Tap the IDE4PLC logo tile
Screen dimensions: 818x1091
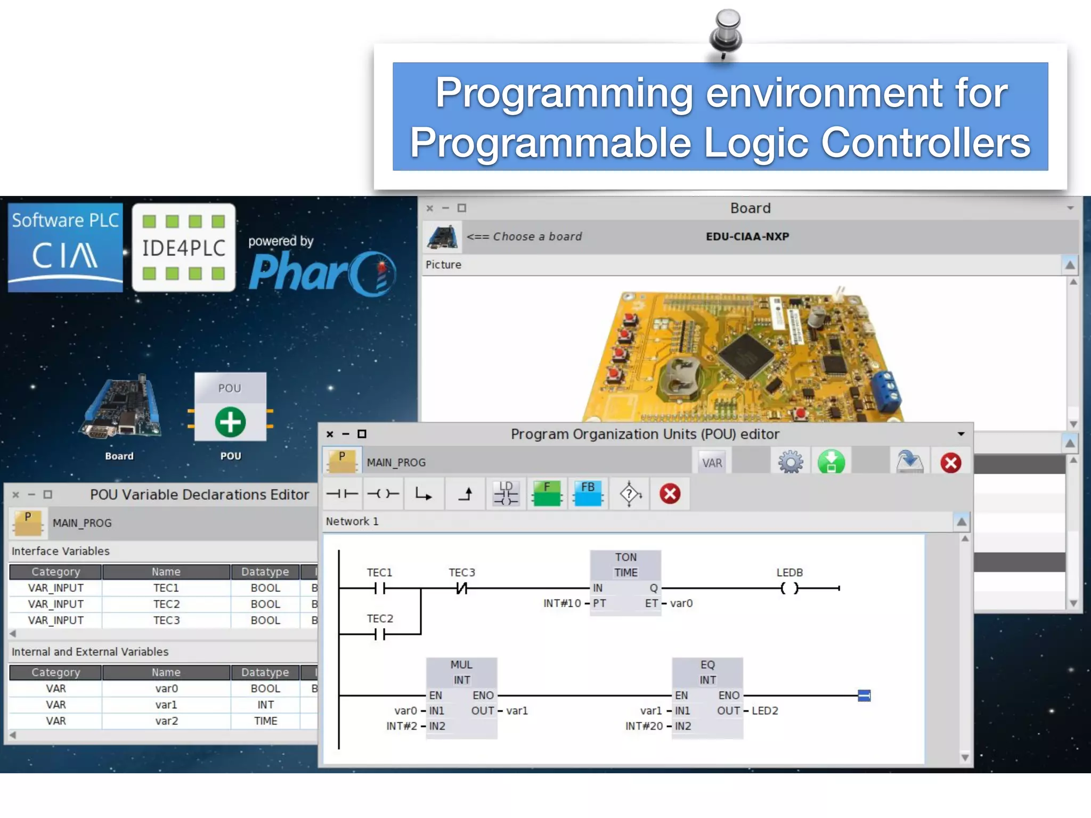point(184,248)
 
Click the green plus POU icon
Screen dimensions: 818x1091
point(230,422)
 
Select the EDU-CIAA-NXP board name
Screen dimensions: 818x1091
point(747,236)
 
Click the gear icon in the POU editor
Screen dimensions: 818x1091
point(790,462)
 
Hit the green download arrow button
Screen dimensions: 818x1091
point(831,462)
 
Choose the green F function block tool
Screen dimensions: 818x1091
point(547,494)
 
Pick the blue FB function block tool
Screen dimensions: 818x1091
point(588,494)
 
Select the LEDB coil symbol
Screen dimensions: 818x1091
point(789,588)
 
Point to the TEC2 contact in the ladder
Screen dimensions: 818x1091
point(379,634)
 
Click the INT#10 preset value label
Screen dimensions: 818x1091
point(561,603)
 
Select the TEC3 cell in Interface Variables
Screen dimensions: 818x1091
point(166,620)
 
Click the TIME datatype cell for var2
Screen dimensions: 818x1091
point(265,721)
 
